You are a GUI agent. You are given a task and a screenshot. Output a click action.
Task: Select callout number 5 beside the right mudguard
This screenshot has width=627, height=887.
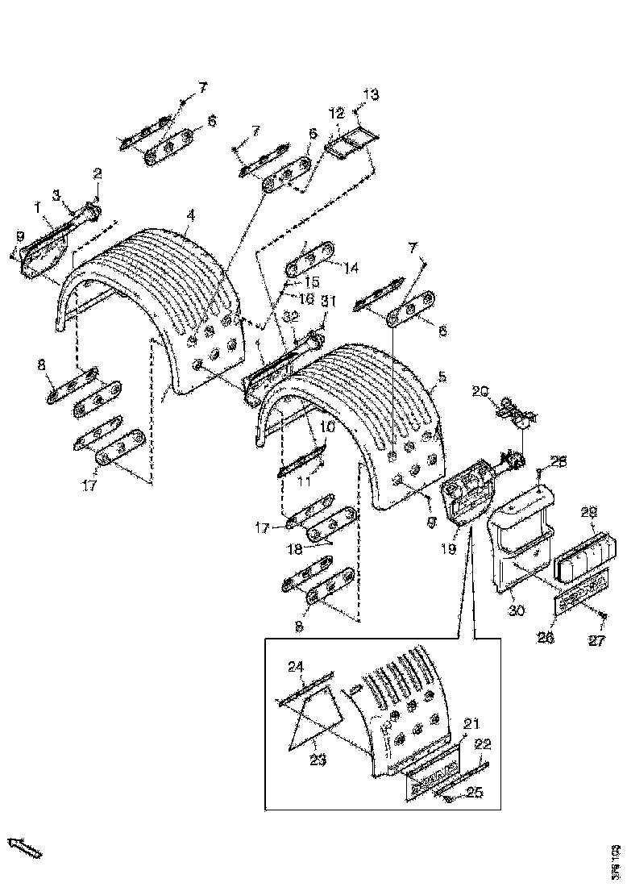coord(442,376)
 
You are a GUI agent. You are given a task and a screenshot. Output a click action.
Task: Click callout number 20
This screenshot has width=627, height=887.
coord(480,392)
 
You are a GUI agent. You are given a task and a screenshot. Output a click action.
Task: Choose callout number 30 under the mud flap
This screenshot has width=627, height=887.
coord(516,610)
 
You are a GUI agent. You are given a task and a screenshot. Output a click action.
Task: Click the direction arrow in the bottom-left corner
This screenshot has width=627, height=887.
coord(24,847)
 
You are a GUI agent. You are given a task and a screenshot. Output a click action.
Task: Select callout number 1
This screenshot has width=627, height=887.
coord(37,207)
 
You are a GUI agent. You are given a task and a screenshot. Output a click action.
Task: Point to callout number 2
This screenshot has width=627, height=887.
coord(98,173)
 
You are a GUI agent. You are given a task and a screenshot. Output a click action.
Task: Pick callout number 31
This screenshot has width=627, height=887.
coord(328,301)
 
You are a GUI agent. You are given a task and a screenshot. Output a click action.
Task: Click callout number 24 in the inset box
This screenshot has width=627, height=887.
coord(297,666)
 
